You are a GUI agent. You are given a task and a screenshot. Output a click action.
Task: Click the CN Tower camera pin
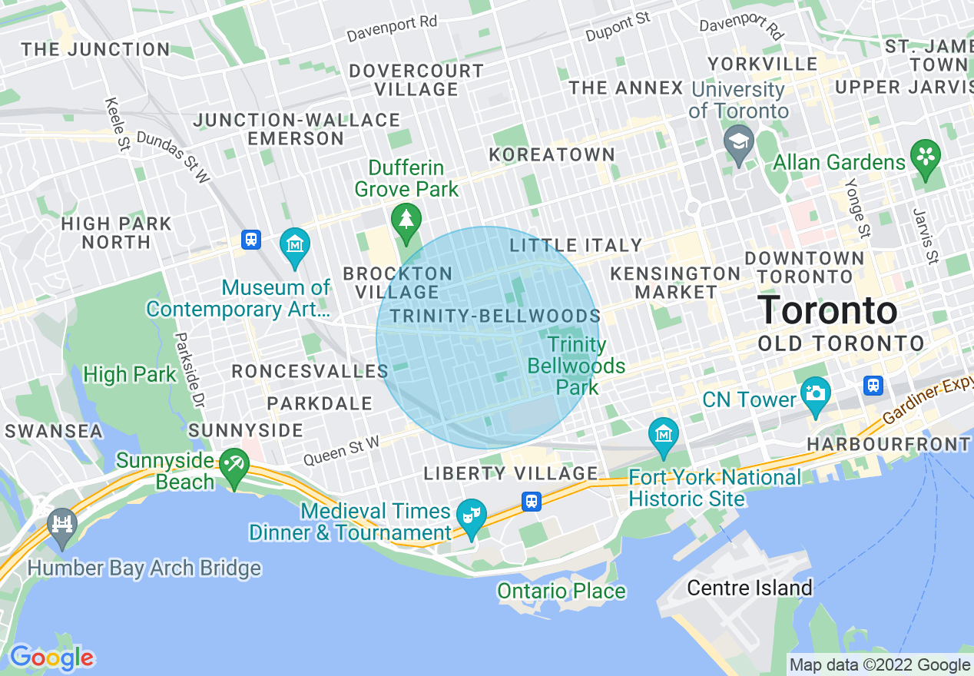[815, 393]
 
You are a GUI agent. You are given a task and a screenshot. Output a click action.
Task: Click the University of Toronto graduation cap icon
[738, 143]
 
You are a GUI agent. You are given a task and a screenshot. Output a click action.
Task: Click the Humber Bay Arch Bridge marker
[61, 525]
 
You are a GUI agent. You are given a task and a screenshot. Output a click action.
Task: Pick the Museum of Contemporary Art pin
[295, 244]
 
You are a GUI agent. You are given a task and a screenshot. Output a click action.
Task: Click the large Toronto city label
[827, 311]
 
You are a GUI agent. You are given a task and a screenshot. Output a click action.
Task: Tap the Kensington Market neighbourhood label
[675, 283]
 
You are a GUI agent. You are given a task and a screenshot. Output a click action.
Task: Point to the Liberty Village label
[511, 473]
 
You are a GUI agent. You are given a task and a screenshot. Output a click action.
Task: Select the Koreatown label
[552, 154]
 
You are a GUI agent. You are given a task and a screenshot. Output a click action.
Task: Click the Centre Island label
[749, 588]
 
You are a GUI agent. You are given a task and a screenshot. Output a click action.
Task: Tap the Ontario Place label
[561, 591]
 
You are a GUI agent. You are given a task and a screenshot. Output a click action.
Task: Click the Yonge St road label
[856, 208]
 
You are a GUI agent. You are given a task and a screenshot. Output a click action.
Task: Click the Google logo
[51, 658]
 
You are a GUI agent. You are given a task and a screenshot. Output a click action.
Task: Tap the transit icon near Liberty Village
[531, 502]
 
